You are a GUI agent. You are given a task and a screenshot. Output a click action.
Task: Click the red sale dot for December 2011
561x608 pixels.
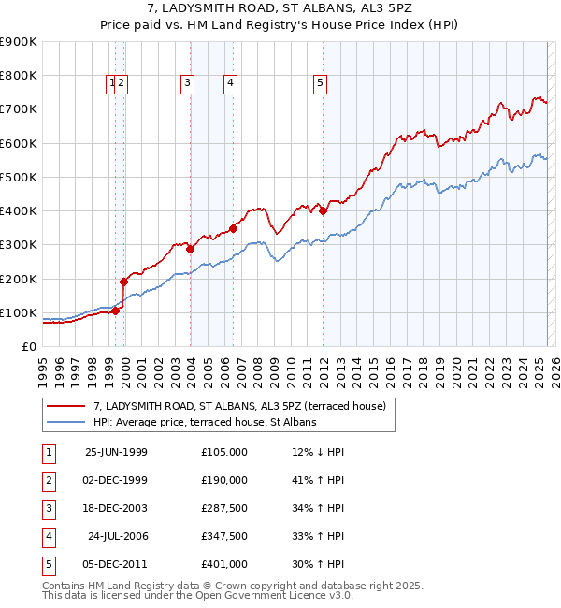point(324,211)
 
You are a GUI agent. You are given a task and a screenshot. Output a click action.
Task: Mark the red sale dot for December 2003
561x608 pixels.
point(190,250)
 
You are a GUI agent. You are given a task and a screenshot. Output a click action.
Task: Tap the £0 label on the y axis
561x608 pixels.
point(29,346)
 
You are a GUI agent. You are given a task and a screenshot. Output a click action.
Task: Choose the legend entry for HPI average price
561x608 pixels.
point(205,422)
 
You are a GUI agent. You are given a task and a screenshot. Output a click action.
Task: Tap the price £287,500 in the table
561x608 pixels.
point(224,508)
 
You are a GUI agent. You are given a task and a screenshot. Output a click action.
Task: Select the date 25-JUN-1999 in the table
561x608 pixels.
point(116,452)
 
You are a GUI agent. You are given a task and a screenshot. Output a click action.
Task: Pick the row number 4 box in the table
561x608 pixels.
point(48,536)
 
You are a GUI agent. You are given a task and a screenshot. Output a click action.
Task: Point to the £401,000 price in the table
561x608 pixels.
point(224,564)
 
